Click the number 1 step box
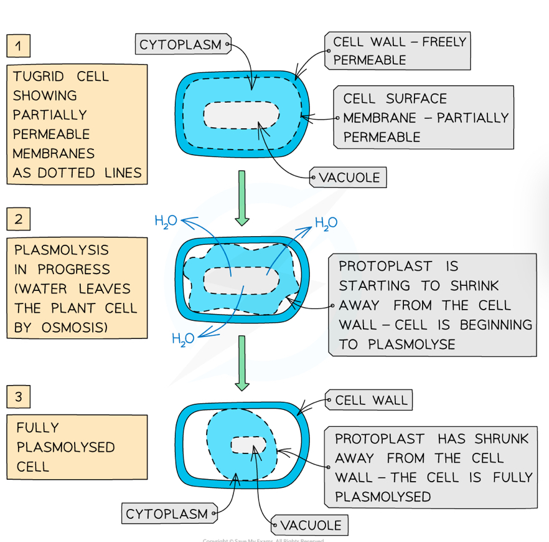pyautogui.click(x=19, y=45)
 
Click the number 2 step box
pyautogui.click(x=19, y=219)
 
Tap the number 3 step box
pyautogui.click(x=19, y=396)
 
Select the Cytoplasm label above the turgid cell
pyautogui.click(x=181, y=44)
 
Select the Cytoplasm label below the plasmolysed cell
pyautogui.click(x=167, y=514)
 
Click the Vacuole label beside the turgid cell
pyautogui.click(x=349, y=178)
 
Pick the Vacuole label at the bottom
pyautogui.click(x=310, y=525)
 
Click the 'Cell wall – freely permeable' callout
pyautogui.click(x=398, y=51)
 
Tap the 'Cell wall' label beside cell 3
pyautogui.click(x=371, y=400)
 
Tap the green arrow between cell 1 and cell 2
pyautogui.click(x=242, y=197)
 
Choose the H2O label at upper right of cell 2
pyautogui.click(x=326, y=223)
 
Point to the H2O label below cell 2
pyautogui.click(x=183, y=338)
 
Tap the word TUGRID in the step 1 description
pyautogui.click(x=39, y=77)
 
